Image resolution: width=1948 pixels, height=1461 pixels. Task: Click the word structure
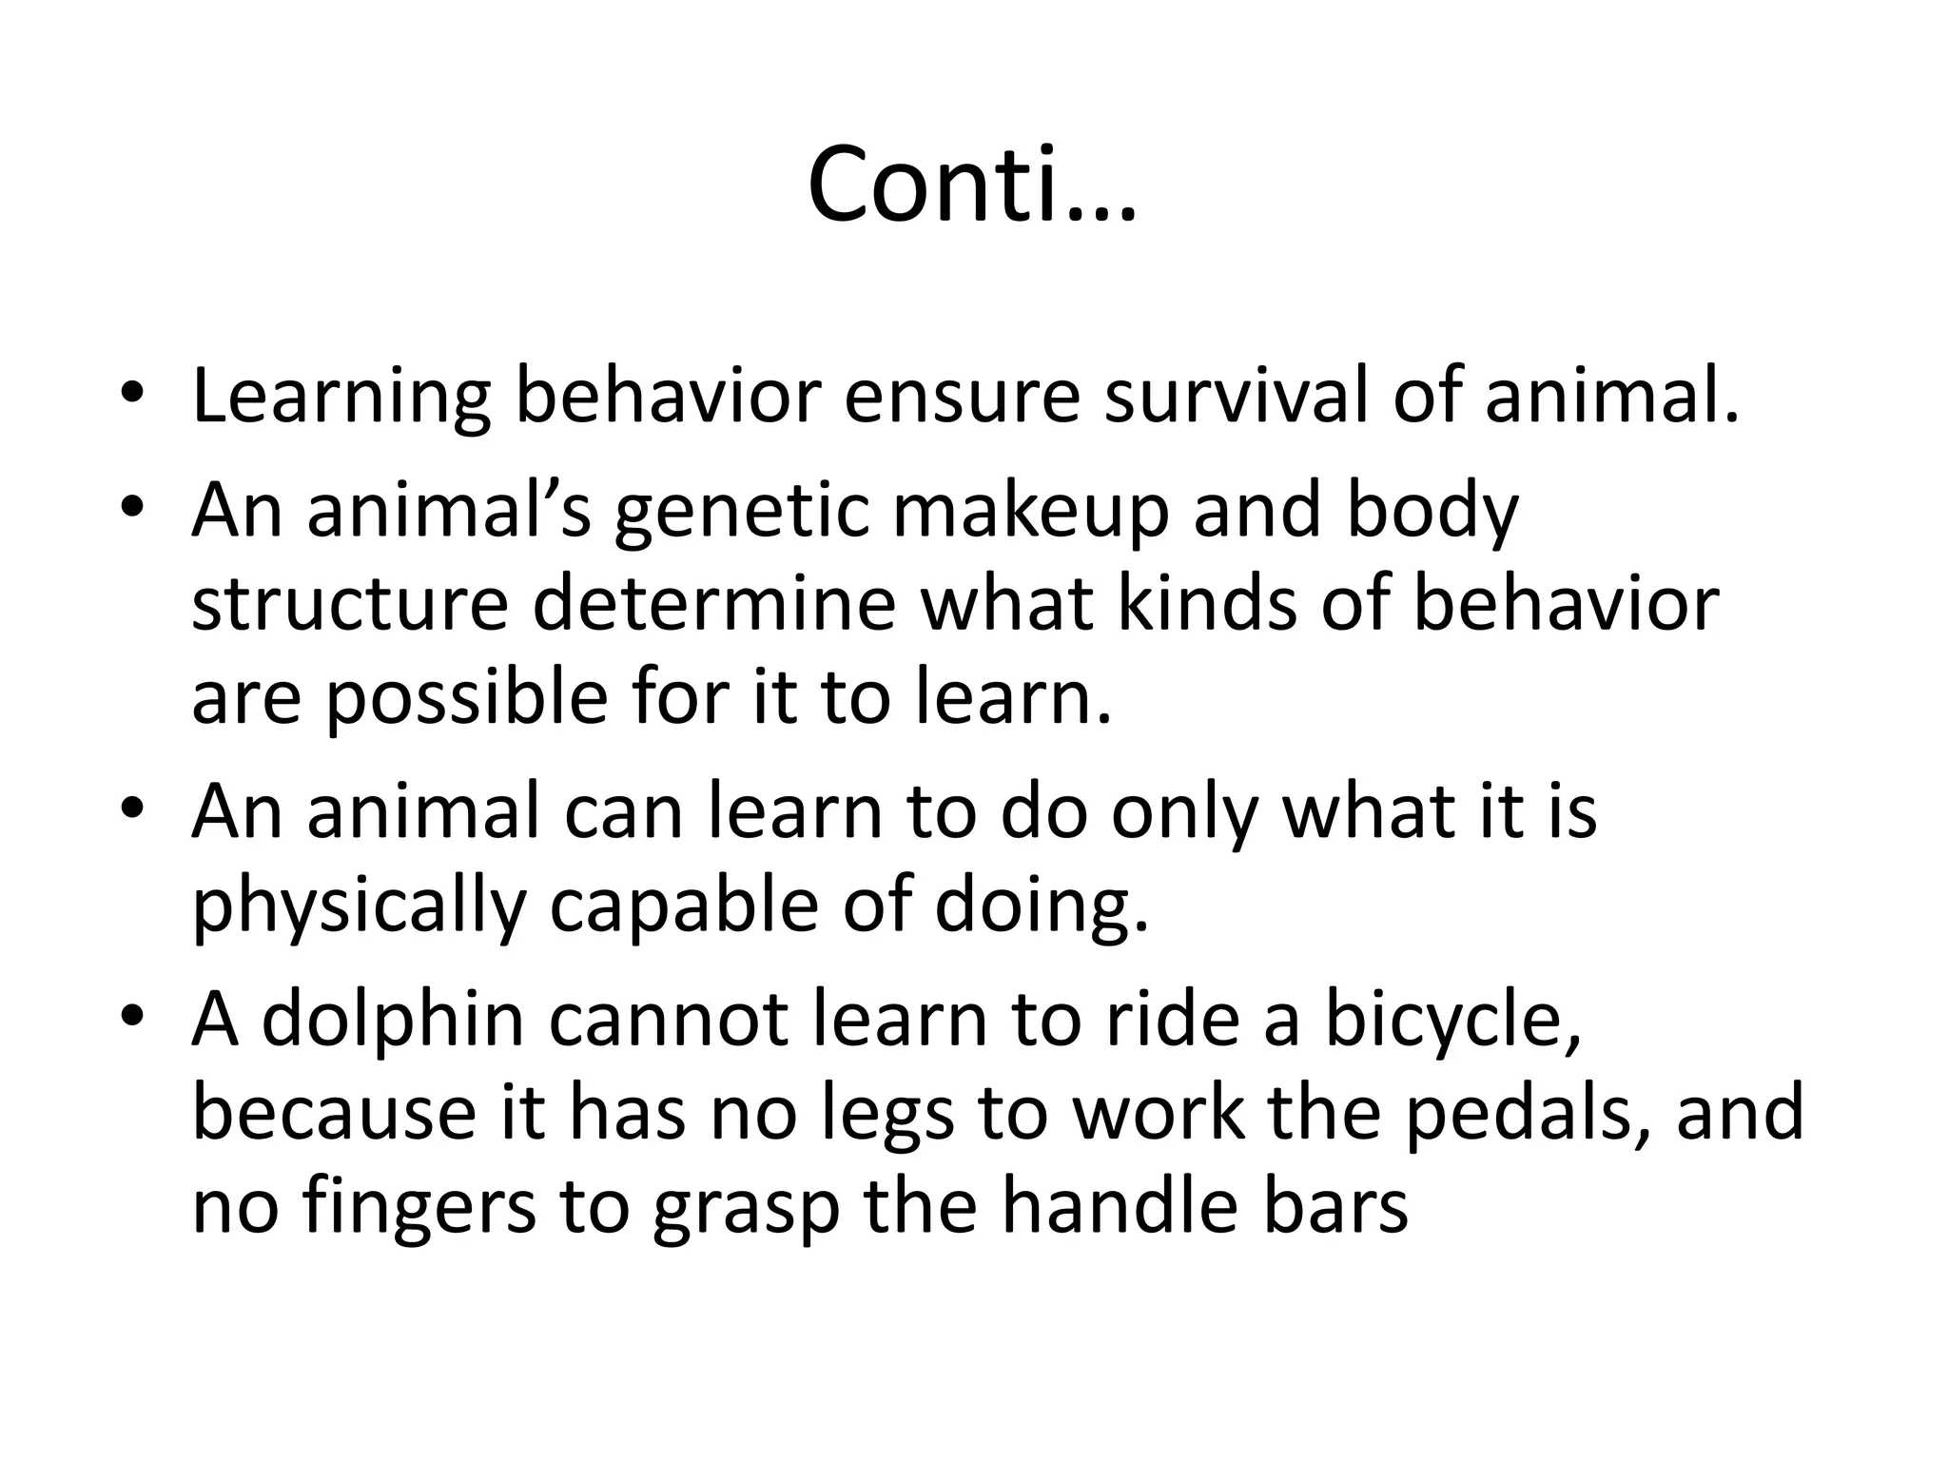(350, 605)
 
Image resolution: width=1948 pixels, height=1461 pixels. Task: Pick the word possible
(466, 699)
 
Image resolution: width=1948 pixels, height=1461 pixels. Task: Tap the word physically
(359, 906)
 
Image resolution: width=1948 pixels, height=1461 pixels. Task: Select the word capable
(684, 906)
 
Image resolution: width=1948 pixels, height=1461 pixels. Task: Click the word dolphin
(393, 1020)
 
